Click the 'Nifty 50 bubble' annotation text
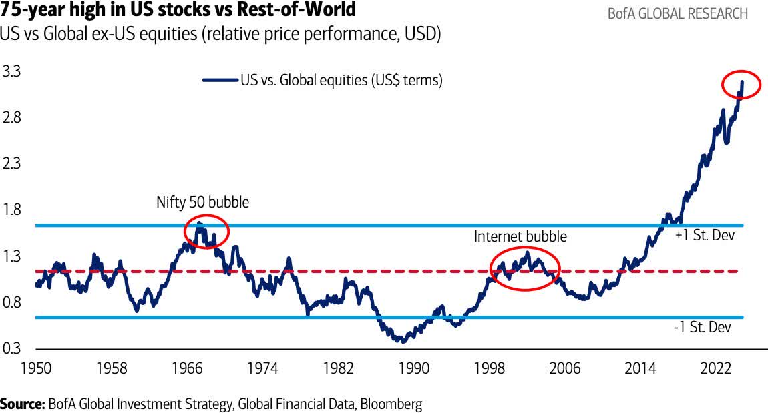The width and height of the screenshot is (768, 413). point(202,202)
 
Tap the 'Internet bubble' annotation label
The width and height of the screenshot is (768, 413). point(520,236)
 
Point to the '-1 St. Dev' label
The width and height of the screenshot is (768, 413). point(703,327)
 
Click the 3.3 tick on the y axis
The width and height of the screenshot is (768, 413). point(12,71)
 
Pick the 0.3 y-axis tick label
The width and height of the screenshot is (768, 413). point(12,348)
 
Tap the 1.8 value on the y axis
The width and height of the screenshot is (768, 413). point(12,210)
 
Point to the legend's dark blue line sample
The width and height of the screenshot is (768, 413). point(220,81)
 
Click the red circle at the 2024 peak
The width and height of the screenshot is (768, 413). point(741,85)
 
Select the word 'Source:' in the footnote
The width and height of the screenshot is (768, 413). point(23,404)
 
